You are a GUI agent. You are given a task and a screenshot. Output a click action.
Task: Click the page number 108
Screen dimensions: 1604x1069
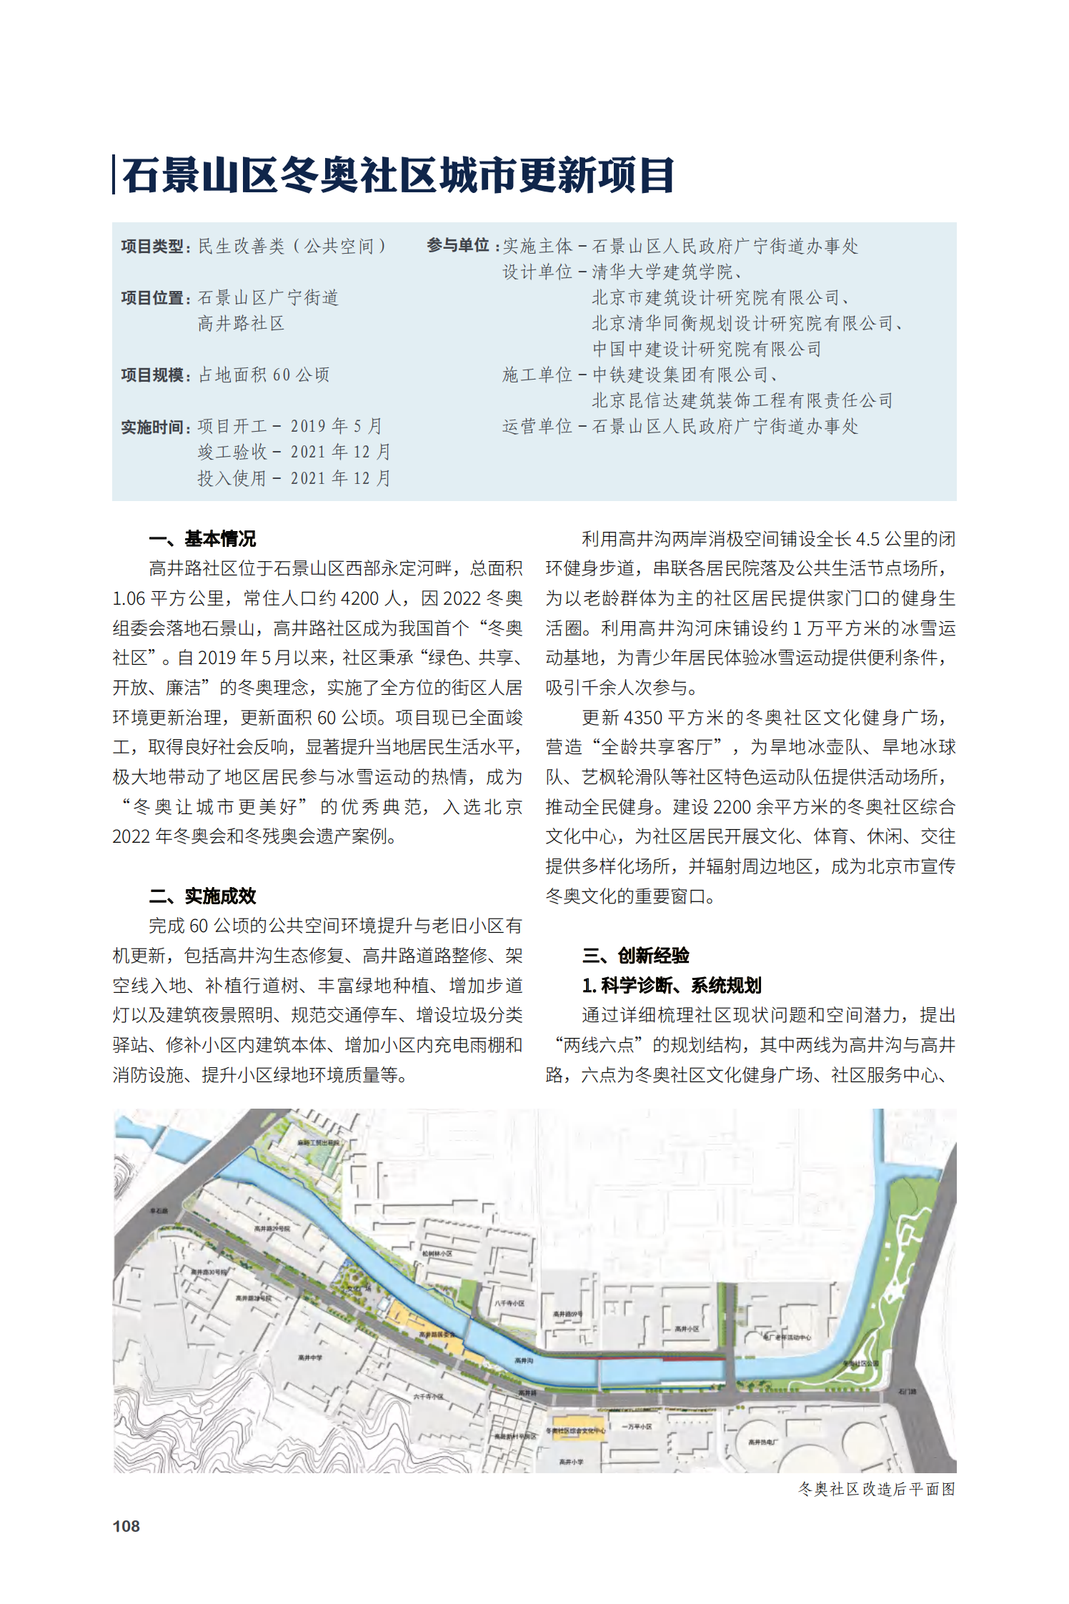click(126, 1525)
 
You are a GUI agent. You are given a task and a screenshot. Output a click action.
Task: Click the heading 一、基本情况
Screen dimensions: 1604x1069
click(202, 538)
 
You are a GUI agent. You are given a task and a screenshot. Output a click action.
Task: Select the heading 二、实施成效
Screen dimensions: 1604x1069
click(202, 896)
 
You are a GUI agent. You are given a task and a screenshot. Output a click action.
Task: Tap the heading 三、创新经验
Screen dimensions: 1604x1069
click(635, 955)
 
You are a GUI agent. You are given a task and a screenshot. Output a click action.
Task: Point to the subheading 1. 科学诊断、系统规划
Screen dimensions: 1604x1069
click(671, 985)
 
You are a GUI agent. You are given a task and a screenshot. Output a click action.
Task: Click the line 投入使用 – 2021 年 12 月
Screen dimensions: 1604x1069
click(294, 478)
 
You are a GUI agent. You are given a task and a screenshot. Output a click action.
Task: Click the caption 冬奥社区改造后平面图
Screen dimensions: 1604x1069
click(876, 1489)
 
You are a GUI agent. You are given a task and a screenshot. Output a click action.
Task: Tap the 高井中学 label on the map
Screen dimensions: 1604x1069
click(310, 1357)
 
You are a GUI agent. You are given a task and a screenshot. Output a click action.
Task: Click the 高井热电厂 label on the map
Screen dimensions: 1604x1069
click(762, 1442)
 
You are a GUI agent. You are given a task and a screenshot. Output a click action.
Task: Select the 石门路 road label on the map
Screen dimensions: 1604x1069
click(908, 1392)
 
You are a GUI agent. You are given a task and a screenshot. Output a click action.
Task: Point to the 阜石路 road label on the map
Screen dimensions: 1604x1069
click(159, 1211)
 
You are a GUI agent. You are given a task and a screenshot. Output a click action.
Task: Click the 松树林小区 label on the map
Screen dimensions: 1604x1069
click(437, 1253)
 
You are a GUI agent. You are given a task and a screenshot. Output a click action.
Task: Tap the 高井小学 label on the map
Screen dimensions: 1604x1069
click(571, 1462)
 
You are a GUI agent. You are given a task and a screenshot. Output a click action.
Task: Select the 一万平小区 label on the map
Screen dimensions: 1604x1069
click(637, 1426)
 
